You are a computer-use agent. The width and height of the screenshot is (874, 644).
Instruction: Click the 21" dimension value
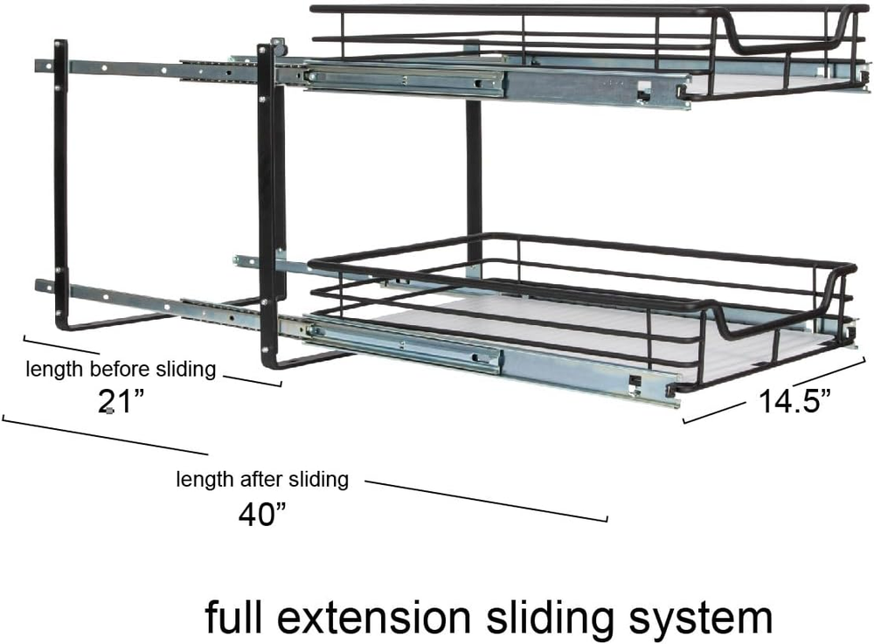[121, 402]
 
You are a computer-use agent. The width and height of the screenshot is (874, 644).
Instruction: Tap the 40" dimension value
[263, 512]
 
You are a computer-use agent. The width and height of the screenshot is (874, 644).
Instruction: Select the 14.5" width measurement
[794, 401]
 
